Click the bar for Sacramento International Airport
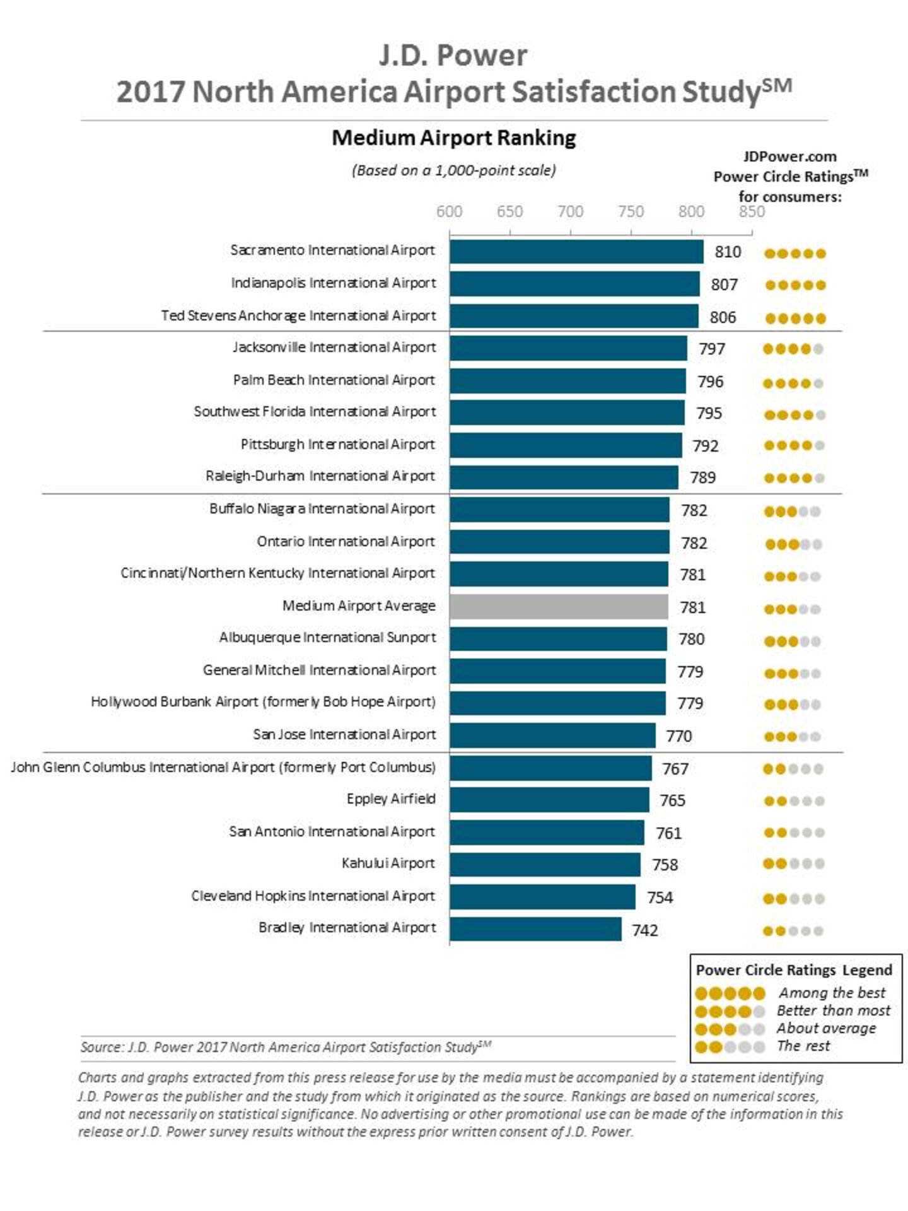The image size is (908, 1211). click(x=576, y=252)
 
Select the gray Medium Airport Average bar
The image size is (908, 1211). click(x=559, y=607)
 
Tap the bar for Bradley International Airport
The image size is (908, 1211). click(x=535, y=929)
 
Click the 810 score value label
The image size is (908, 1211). click(x=728, y=252)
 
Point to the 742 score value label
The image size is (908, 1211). click(x=645, y=930)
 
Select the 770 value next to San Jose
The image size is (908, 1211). click(x=679, y=736)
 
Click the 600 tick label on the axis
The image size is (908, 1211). click(x=449, y=211)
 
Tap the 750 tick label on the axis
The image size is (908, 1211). click(x=631, y=211)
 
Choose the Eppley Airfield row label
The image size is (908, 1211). click(x=391, y=799)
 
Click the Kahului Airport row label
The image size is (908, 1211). click(x=388, y=863)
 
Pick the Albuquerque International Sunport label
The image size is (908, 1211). click(x=327, y=638)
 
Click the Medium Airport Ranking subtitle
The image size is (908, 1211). click(x=454, y=138)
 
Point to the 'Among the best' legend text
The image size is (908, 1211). click(x=832, y=993)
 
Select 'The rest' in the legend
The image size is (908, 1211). click(x=804, y=1046)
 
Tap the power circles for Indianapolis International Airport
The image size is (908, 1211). click(x=795, y=285)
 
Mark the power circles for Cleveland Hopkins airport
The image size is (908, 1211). click(x=793, y=898)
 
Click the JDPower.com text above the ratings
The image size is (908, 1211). click(x=789, y=157)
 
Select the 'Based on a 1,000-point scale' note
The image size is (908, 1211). click(x=454, y=170)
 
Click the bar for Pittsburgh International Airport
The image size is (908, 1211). click(x=566, y=445)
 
